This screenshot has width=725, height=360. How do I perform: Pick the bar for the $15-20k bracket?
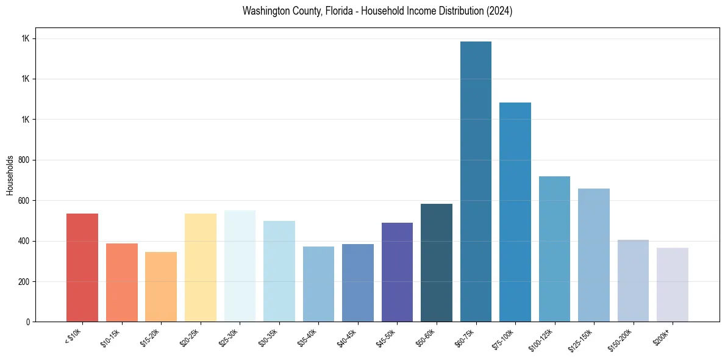coord(161,287)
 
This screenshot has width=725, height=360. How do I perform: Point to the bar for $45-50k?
coord(397,272)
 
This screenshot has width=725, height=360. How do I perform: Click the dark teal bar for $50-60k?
coord(437,262)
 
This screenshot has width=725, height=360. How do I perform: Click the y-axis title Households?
coord(10,175)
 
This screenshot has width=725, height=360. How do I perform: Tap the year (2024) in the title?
coord(498,11)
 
